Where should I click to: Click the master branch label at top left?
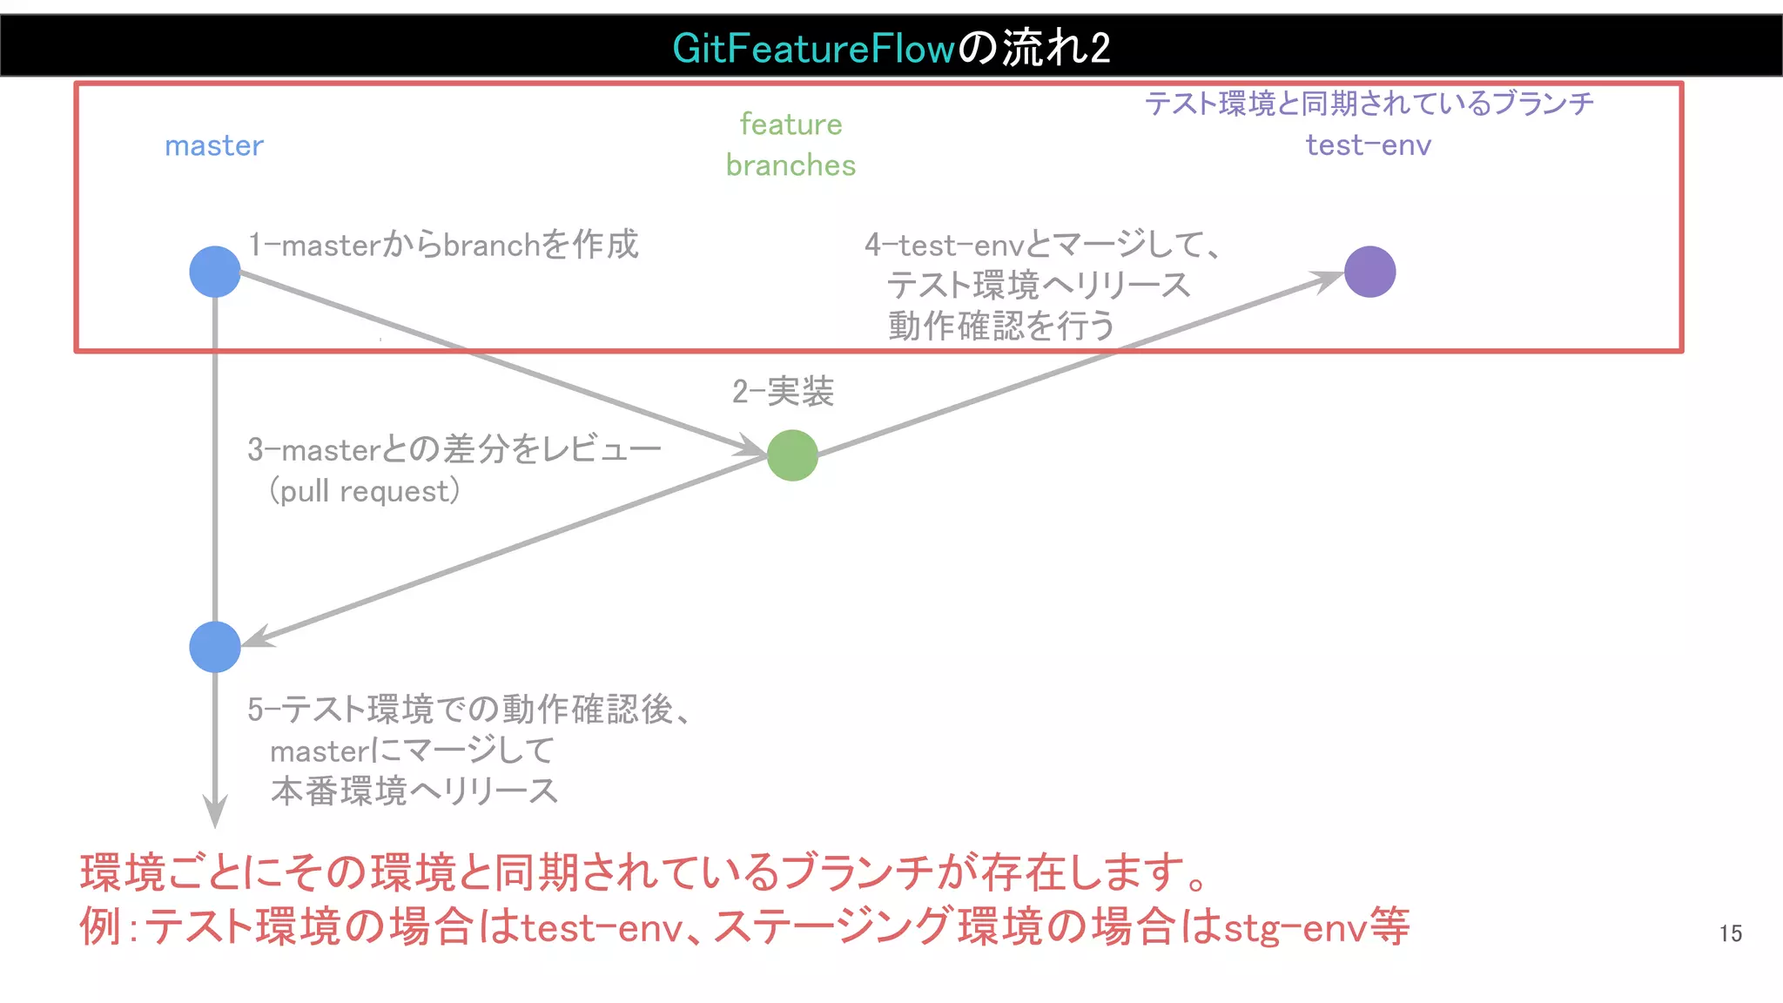pos(214,145)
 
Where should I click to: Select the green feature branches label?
pos(791,145)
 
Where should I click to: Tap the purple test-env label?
pos(1368,145)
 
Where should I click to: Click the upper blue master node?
pos(215,272)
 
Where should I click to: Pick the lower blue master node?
pos(215,647)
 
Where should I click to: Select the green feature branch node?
pos(792,455)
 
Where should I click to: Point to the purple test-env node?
pos(1369,272)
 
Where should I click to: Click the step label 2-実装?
pos(783,392)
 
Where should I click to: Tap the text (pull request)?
pos(364,491)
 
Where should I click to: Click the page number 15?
pos(1730,933)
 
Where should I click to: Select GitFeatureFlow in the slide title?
pos(814,48)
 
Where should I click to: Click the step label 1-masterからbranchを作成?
pos(443,245)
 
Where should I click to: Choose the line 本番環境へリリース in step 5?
pos(414,791)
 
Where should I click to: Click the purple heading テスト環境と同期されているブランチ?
pos(1368,104)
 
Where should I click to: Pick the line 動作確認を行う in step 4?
pos(1001,326)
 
